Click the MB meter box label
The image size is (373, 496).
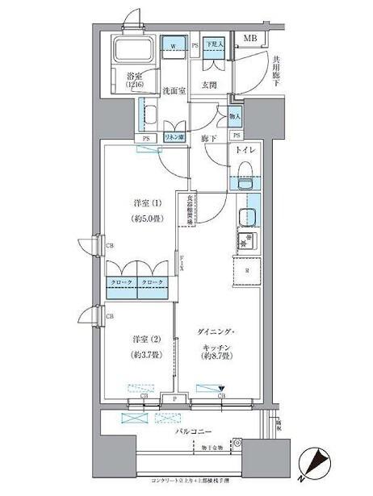click(251, 38)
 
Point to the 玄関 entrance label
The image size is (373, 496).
click(210, 84)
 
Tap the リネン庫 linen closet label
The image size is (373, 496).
click(174, 138)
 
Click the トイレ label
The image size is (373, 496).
click(245, 149)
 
